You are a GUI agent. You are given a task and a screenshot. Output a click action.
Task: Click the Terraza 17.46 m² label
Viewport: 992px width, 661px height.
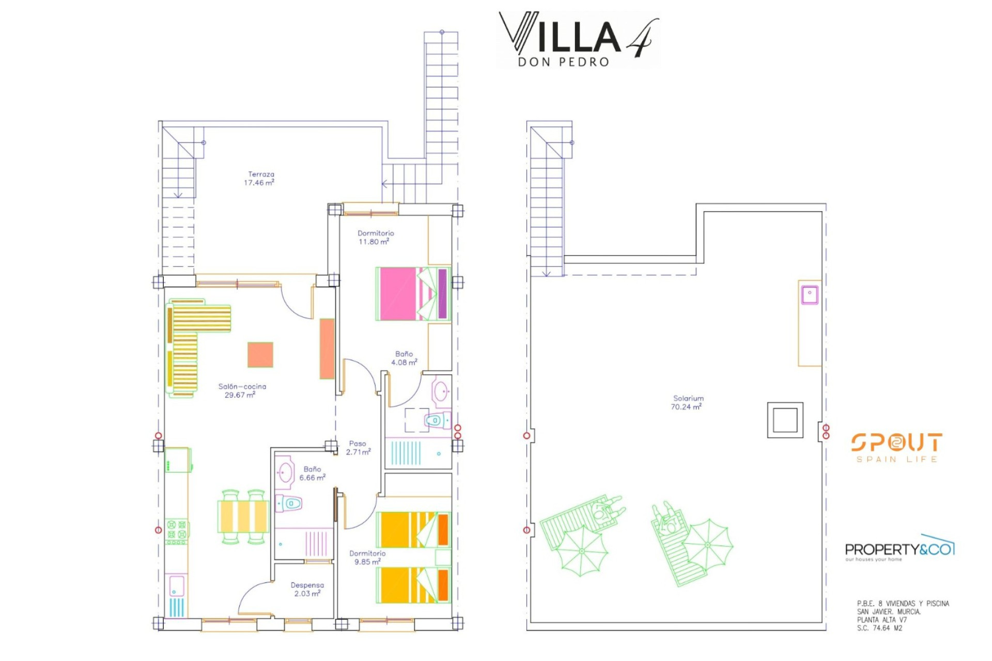click(x=259, y=179)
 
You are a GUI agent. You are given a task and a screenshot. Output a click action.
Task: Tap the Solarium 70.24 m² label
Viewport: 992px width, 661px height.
click(x=688, y=403)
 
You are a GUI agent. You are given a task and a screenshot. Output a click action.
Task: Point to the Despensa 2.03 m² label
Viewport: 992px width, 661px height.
click(x=307, y=589)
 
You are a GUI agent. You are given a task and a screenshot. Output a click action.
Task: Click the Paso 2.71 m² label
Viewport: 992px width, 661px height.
click(x=358, y=448)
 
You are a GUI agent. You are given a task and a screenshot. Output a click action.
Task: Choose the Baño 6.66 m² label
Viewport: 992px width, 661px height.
click(x=312, y=474)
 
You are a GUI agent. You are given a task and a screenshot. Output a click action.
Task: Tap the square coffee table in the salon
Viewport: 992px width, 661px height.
click(x=260, y=355)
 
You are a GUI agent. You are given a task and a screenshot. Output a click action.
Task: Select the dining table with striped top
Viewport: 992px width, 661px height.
click(x=243, y=516)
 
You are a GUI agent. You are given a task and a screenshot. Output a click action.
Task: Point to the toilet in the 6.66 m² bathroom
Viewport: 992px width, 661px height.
click(x=288, y=503)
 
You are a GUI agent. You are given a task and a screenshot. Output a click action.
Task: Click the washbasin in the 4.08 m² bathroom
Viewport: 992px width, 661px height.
click(x=441, y=391)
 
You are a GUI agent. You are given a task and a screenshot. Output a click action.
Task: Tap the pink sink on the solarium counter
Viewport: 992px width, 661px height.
click(x=810, y=295)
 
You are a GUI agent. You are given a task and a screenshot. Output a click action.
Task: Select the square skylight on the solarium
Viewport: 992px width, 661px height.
click(x=785, y=420)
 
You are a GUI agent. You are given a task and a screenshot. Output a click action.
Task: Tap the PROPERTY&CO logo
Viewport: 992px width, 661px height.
click(x=900, y=548)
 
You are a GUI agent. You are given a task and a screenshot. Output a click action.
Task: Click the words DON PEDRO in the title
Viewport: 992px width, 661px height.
click(x=564, y=62)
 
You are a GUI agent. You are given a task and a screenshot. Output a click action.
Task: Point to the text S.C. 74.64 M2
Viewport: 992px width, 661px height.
click(x=879, y=628)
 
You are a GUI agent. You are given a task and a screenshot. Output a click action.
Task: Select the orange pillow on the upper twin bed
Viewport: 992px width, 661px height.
click(x=443, y=530)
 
